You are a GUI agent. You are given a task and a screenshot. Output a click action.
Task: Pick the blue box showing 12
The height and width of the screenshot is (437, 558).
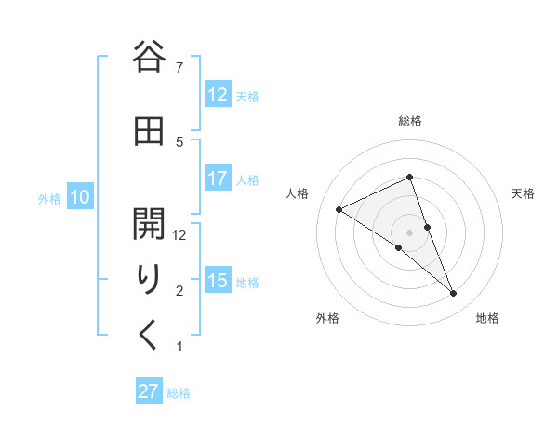[217, 95]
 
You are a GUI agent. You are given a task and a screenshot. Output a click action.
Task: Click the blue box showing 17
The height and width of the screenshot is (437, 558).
[217, 179]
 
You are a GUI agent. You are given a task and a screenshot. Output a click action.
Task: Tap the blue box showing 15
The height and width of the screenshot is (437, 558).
[217, 281]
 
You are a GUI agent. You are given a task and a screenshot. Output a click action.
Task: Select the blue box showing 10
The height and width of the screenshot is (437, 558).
[80, 197]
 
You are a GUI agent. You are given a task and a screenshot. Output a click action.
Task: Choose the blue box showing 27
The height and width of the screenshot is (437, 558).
[149, 391]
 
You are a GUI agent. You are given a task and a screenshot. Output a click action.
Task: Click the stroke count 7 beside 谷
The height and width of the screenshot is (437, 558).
[179, 67]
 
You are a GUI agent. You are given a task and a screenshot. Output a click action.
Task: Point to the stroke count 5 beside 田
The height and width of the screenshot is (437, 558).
[179, 141]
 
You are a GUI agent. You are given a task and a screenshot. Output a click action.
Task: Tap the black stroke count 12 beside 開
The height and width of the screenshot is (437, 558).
[179, 235]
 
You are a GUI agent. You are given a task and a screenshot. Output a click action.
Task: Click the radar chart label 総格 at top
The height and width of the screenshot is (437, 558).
[410, 121]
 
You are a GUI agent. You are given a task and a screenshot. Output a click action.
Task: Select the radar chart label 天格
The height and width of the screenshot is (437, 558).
[523, 193]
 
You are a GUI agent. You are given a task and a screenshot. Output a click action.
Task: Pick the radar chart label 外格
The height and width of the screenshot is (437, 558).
[327, 319]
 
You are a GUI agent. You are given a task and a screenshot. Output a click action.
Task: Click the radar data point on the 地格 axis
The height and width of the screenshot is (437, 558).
[454, 294]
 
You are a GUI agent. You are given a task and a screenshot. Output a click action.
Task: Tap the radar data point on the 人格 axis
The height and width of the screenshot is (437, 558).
[339, 209]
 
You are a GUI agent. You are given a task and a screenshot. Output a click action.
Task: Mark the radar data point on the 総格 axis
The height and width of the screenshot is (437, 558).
[410, 178]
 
